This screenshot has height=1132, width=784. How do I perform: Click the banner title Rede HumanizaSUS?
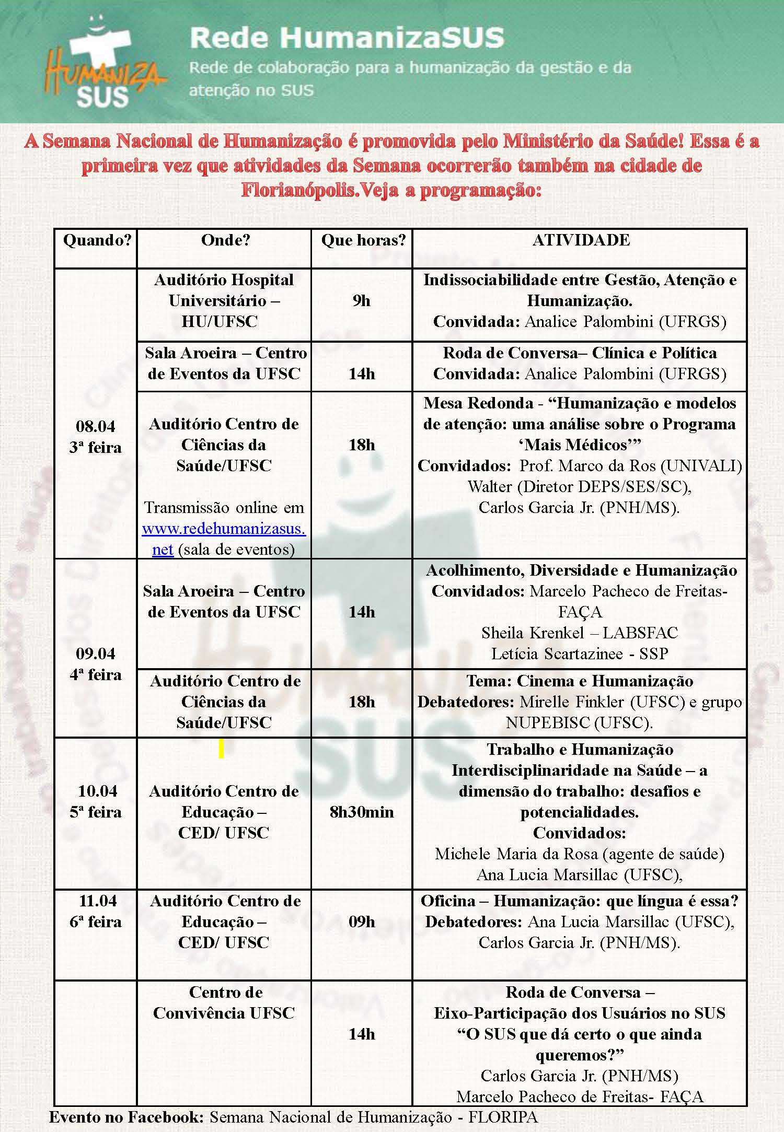(x=347, y=38)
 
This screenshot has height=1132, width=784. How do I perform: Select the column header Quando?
(x=97, y=240)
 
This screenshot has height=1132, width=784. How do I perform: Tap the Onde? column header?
(x=225, y=240)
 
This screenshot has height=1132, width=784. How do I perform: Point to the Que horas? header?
(x=363, y=240)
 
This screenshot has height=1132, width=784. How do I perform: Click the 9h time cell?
(x=361, y=301)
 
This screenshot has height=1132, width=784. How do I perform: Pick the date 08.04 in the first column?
(x=96, y=426)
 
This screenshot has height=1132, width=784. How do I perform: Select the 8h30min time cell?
(x=362, y=812)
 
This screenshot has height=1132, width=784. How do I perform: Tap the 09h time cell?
(x=362, y=921)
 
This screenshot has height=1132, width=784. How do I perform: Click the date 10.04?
(x=97, y=791)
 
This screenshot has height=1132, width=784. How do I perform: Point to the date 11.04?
(x=97, y=901)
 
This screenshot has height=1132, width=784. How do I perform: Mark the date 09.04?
(x=96, y=653)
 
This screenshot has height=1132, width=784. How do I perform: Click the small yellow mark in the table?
(x=221, y=749)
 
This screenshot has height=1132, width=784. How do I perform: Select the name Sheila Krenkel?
(x=533, y=633)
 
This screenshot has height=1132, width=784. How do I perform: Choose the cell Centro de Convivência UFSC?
(x=224, y=1002)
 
